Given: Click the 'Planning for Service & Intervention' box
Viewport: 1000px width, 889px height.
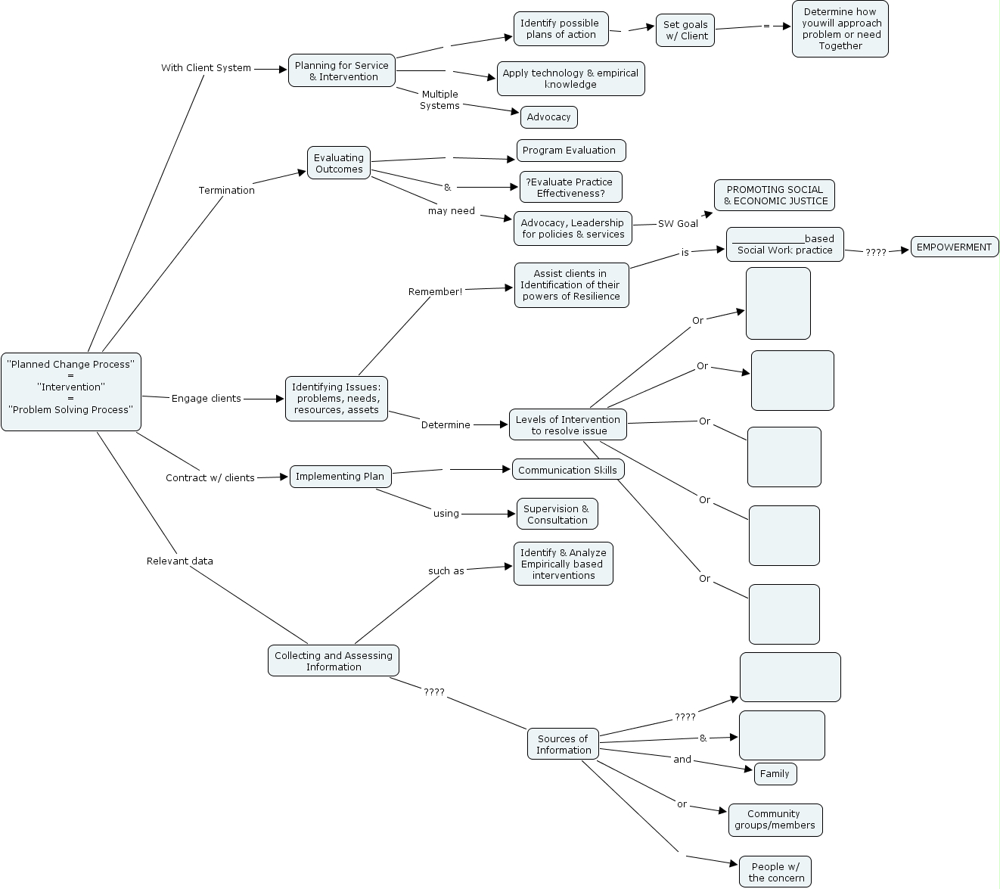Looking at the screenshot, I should tap(342, 70).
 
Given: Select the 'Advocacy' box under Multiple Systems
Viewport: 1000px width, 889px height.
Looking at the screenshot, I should tap(549, 117).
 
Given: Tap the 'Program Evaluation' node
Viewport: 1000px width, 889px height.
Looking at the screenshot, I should tap(570, 151).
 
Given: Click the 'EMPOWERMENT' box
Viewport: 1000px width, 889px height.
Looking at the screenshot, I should tap(954, 247).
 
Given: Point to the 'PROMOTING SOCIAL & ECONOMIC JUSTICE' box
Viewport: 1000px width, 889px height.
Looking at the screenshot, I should tap(775, 195).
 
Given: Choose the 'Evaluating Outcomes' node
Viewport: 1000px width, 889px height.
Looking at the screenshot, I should tap(339, 163).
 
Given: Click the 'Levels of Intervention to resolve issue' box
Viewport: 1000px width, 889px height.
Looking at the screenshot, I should tap(568, 424).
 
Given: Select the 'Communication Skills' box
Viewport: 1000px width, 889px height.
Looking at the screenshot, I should tap(568, 470).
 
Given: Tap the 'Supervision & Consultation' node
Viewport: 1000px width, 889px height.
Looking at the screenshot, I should tap(557, 514).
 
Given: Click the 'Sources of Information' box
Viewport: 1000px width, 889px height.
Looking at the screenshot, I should tap(564, 744).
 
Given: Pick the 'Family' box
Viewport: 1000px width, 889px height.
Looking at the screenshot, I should tap(775, 773).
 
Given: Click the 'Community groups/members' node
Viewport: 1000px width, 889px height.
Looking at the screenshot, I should tap(775, 819).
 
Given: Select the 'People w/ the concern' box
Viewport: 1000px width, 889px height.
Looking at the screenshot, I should tap(775, 872).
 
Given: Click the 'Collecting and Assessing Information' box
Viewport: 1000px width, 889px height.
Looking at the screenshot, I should tap(334, 661).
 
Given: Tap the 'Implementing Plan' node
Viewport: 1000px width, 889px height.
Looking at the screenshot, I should tap(340, 476).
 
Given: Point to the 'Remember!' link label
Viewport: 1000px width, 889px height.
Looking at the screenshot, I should tap(435, 291).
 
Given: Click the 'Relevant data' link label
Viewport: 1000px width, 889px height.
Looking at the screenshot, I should tap(180, 561).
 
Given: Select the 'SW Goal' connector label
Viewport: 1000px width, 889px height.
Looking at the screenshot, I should tap(678, 223).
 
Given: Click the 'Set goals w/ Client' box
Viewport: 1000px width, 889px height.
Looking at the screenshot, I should tap(685, 30).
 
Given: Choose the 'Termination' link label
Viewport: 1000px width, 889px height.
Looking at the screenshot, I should tap(227, 190).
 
